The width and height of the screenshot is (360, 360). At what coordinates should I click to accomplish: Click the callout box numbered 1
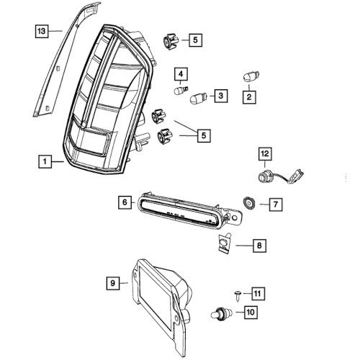tap(46, 162)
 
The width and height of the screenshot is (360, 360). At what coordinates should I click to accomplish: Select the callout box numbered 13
tap(43, 31)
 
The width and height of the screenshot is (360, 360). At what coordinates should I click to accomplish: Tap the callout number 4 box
tap(180, 73)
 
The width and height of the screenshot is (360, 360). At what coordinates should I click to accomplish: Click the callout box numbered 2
tap(250, 95)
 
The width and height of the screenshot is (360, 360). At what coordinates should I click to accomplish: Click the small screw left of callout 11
tap(237, 293)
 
